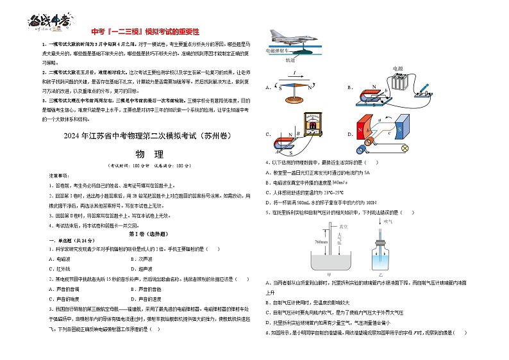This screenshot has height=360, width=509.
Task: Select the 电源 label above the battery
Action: click(397, 69)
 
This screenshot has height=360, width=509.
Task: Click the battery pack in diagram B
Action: click(401, 84)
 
